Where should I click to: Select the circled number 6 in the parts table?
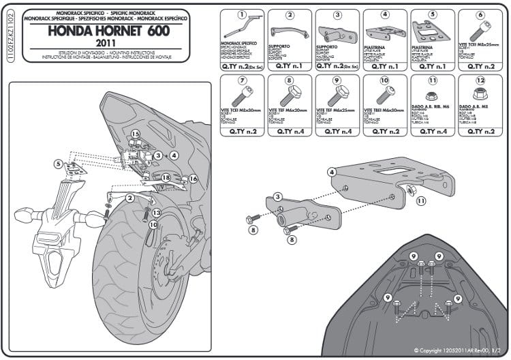click(480, 14)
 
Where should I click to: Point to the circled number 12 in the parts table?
click(480, 80)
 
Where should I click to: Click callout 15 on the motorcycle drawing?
click(135, 134)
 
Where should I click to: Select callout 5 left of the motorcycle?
click(59, 164)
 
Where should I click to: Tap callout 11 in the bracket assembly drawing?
click(420, 200)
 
